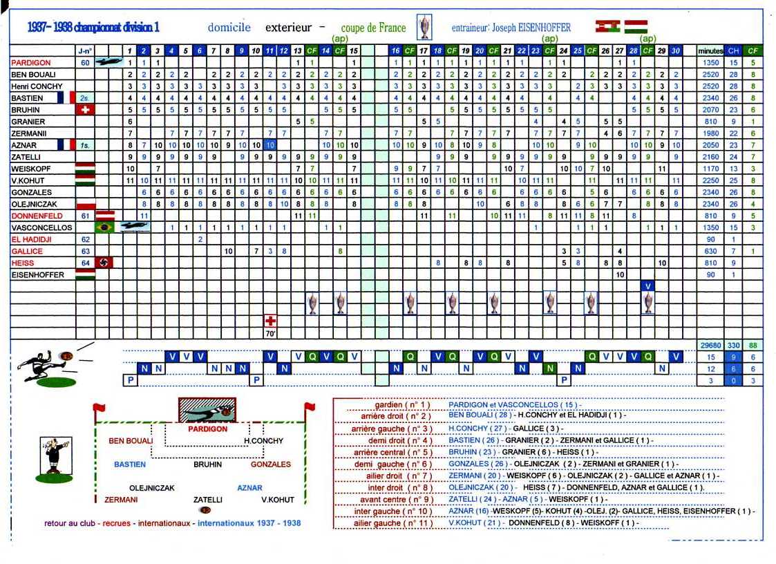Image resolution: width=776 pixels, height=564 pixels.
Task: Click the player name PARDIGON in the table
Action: pyautogui.click(x=31, y=62)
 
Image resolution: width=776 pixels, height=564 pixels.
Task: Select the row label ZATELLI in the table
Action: pyautogui.click(x=27, y=157)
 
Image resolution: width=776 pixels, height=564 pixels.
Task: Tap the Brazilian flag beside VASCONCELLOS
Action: pyautogui.click(x=104, y=227)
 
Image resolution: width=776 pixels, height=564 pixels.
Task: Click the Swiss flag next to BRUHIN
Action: pyautogui.click(x=85, y=109)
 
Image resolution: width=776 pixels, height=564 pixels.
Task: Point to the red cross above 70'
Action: pyautogui.click(x=271, y=321)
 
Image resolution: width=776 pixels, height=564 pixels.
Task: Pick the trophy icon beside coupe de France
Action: pyautogui.click(x=424, y=28)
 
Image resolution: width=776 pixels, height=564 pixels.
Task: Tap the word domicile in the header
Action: pyautogui.click(x=229, y=28)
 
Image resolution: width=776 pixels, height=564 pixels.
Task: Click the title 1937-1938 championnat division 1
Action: pyautogui.click(x=93, y=28)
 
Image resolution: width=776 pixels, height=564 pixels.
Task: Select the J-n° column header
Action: pyautogui.click(x=85, y=50)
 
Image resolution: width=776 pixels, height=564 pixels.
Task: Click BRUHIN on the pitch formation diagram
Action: pyautogui.click(x=207, y=464)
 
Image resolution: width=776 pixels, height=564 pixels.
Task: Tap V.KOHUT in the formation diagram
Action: pyautogui.click(x=278, y=500)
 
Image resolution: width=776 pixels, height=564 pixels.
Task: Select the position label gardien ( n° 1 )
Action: pyautogui.click(x=401, y=404)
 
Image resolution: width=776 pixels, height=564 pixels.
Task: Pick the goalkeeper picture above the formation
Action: pyautogui.click(x=207, y=410)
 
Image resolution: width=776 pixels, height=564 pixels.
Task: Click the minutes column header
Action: pyautogui.click(x=710, y=50)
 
